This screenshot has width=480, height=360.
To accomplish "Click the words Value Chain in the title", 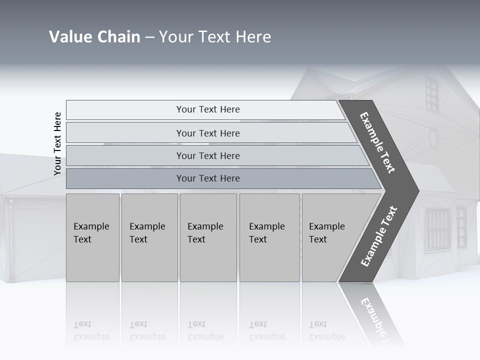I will [x=94, y=37].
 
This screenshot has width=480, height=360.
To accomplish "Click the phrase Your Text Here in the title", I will [x=215, y=37].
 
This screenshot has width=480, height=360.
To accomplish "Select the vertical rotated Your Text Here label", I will [x=57, y=143].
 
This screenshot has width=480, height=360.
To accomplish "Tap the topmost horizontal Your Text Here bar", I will [x=207, y=109].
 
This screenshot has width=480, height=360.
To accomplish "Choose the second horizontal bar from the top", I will [x=207, y=133].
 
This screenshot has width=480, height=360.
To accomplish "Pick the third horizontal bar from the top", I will [x=207, y=155].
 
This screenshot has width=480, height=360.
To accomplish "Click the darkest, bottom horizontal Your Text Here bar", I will [x=207, y=178].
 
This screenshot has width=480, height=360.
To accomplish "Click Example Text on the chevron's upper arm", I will [x=377, y=142].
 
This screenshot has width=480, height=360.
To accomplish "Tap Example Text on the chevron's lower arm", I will [x=379, y=236].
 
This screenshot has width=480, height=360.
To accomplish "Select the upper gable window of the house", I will [x=431, y=94].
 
